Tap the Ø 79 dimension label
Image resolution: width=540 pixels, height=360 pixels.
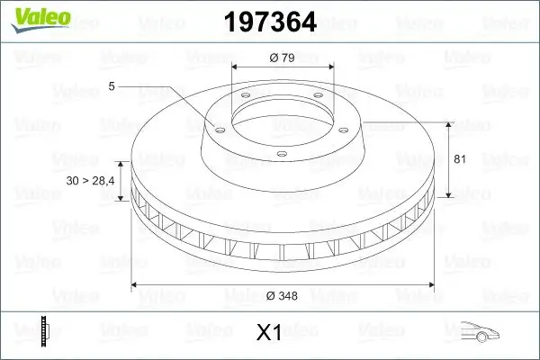coord(283,58)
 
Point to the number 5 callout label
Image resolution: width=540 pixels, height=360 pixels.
coord(111,86)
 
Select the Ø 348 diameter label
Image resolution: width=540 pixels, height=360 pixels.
coord(283,294)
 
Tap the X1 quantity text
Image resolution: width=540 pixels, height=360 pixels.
coord(269,333)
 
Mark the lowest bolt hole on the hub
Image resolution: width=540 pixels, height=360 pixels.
coord(281,154)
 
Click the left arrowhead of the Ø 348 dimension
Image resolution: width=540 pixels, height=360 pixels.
coord(137,286)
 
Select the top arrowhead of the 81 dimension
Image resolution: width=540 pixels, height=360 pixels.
coord(449,122)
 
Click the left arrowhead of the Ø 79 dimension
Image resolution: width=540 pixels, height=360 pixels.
coord(236,67)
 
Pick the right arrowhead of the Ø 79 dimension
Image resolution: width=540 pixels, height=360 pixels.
coord(329,67)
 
